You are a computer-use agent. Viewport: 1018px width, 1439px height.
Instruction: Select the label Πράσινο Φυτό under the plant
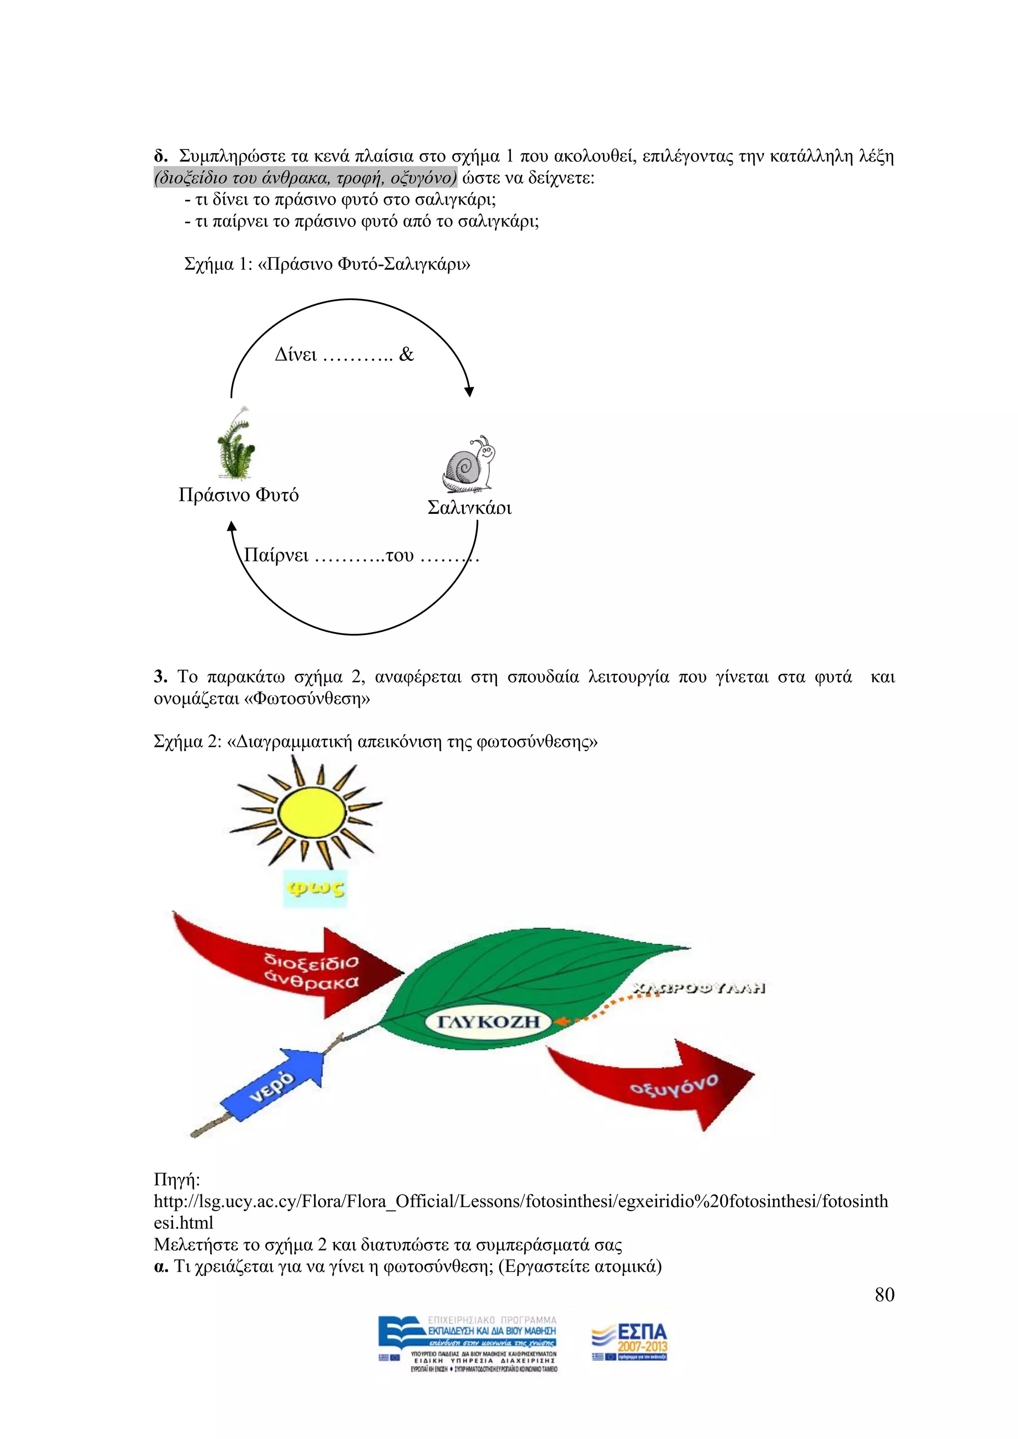coord(238,495)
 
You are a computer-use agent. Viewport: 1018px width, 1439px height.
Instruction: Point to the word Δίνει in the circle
coord(295,355)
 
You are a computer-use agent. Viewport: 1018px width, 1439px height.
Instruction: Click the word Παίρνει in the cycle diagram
coord(276,556)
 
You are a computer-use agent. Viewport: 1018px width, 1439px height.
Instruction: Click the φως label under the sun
coord(315,888)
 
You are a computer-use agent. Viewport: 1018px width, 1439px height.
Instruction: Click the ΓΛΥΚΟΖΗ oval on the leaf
coord(488,1022)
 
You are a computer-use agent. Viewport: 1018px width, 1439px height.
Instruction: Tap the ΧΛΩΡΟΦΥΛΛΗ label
coord(699,988)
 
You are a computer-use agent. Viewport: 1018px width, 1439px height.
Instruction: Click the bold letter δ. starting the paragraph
coord(161,156)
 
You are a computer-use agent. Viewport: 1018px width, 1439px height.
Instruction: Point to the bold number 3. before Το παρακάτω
coord(161,677)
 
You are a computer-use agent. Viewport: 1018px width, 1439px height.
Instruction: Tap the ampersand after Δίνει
coord(406,355)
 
